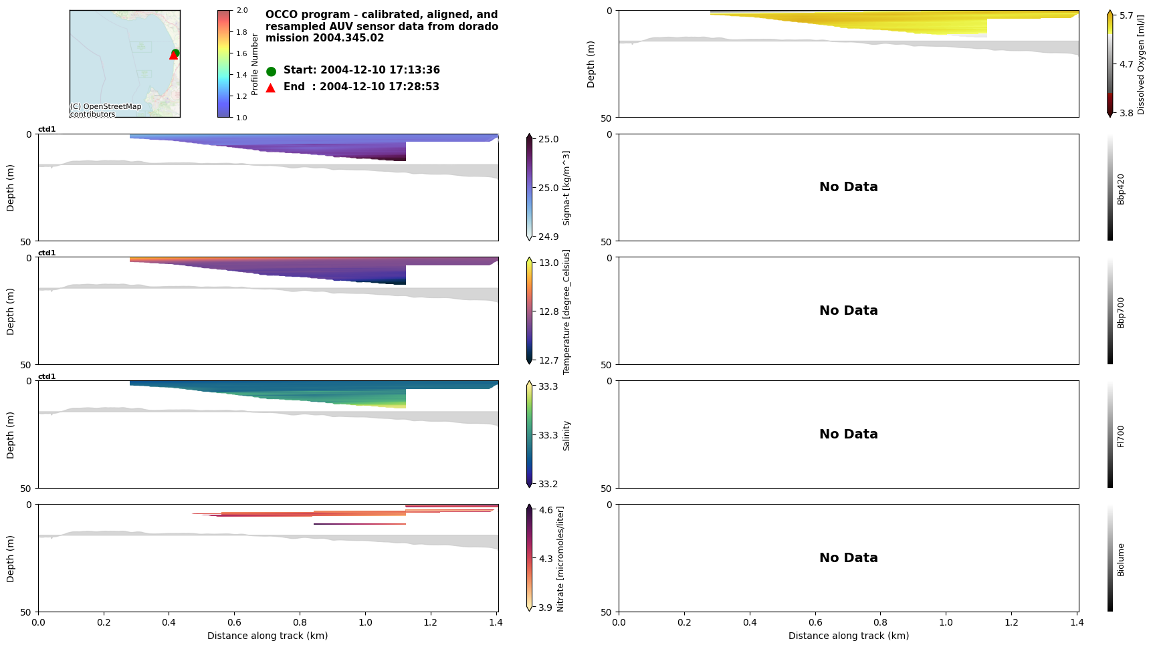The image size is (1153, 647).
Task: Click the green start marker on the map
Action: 175,53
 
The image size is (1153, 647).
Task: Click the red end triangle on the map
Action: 173,55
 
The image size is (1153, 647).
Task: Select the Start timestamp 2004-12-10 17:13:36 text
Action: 361,70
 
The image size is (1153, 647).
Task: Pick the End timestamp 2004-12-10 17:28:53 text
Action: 361,87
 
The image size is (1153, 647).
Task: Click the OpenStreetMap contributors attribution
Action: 106,110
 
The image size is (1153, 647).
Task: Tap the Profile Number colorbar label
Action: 255,64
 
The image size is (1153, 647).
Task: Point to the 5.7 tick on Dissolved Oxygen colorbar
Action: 1126,15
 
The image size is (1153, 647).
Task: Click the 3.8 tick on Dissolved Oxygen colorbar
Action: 1126,113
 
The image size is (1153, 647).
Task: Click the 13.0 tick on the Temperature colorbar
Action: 548,263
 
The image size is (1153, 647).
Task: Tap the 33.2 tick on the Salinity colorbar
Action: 548,484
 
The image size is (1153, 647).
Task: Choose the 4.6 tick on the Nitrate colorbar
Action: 546,510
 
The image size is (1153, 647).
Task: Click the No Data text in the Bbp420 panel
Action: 848,187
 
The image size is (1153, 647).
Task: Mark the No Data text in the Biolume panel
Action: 848,557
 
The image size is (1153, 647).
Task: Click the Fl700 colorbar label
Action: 1121,436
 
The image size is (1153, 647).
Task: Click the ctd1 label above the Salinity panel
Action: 47,376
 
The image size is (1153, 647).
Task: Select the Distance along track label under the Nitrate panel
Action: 268,636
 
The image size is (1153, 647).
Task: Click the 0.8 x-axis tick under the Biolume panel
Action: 880,622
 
